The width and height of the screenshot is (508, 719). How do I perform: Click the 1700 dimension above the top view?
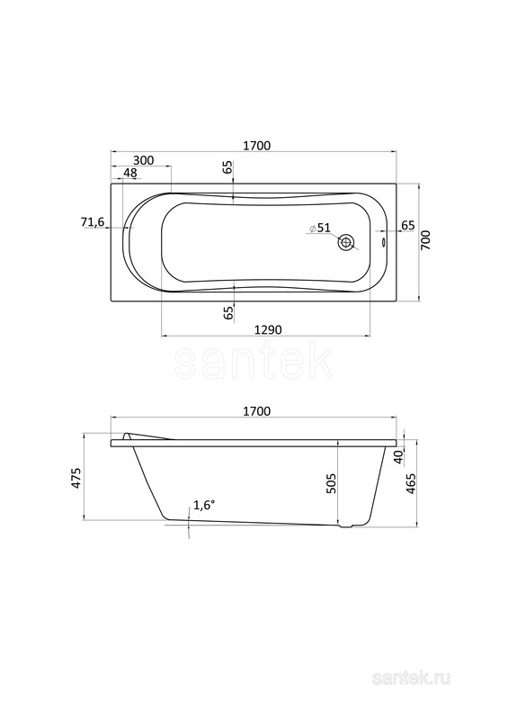256,146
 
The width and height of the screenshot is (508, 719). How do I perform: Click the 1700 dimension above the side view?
256,411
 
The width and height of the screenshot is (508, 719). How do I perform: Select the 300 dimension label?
143,160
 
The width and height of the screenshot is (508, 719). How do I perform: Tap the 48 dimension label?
130,173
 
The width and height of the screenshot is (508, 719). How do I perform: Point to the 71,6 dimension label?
93,222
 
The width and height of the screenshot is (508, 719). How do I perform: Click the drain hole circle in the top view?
346,243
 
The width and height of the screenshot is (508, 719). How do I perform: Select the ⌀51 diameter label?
320,228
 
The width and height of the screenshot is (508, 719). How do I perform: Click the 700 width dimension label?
425,240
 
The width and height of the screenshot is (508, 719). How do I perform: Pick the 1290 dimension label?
268,329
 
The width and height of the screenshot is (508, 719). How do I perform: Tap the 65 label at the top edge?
228,167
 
